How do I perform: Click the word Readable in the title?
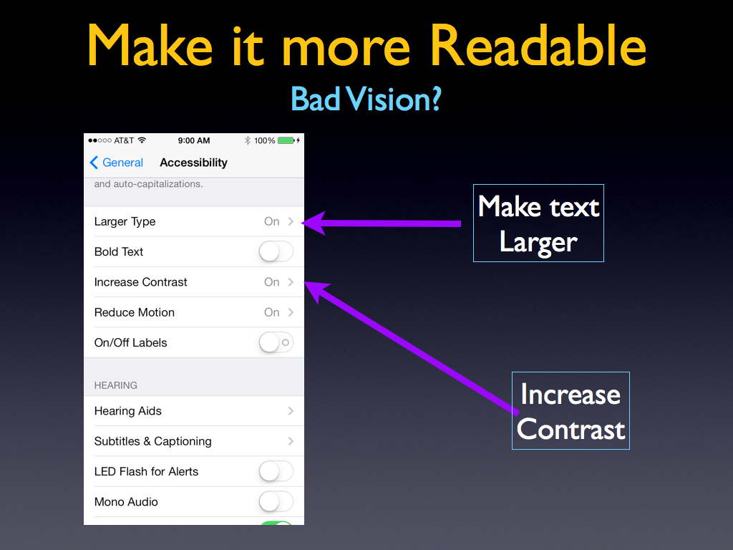click(x=538, y=45)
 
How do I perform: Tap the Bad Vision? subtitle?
click(x=366, y=99)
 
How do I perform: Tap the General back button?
click(x=117, y=163)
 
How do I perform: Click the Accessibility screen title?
click(x=193, y=163)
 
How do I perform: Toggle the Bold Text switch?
click(x=276, y=251)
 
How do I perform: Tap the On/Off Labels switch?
click(x=276, y=342)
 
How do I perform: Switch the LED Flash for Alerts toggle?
click(x=276, y=471)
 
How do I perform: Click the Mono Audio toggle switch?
click(x=276, y=502)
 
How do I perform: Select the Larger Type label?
click(x=125, y=222)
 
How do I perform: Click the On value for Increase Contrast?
click(x=271, y=282)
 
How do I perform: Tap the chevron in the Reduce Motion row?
click(x=291, y=312)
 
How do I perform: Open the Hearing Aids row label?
click(x=127, y=410)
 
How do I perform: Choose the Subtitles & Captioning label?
click(x=153, y=441)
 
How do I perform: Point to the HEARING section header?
click(x=115, y=385)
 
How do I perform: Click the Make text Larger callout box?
click(x=538, y=223)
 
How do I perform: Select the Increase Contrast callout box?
click(x=571, y=410)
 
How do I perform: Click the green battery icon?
click(x=286, y=140)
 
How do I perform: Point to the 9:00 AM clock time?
click(x=193, y=140)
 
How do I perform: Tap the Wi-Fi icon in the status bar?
click(x=142, y=140)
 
